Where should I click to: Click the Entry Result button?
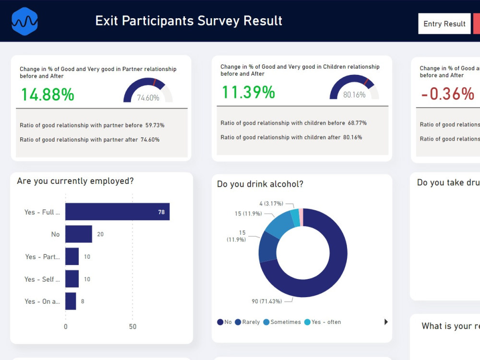[x=444, y=24]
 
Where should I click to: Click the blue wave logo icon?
[x=24, y=22]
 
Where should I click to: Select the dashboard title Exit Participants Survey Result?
[x=189, y=21]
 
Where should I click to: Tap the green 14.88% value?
[x=47, y=95]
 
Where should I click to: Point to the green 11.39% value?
[x=248, y=92]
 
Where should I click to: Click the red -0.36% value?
[x=447, y=94]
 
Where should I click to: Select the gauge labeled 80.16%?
[x=354, y=88]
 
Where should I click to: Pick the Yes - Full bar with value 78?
[x=117, y=212]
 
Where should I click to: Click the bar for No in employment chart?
[x=78, y=234]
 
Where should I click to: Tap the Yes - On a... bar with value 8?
[x=71, y=301]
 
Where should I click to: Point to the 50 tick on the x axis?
[x=132, y=326]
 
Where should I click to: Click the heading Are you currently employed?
[x=75, y=181]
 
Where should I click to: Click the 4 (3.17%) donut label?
[x=268, y=204]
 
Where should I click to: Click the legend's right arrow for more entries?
[x=386, y=322]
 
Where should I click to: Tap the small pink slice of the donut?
[x=301, y=216]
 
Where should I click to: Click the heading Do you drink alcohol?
[x=260, y=184]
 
